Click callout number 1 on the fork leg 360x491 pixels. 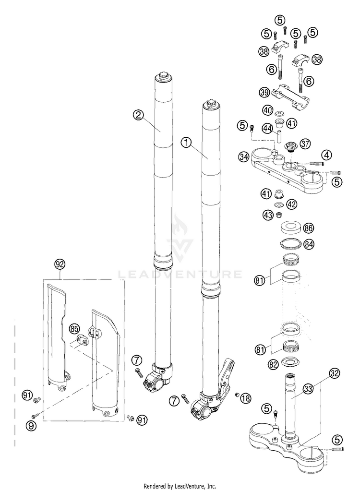(186, 142)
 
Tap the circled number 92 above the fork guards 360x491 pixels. (60, 264)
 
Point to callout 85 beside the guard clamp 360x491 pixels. (74, 329)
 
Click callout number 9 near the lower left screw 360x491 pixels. (31, 424)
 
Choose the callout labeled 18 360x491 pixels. (245, 397)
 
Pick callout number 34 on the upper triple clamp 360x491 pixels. (244, 156)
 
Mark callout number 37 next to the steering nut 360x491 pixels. (306, 144)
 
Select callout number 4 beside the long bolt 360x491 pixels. (326, 155)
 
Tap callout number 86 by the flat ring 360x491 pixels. (309, 228)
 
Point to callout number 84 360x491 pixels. (309, 244)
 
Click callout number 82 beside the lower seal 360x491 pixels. (274, 364)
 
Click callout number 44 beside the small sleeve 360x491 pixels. (268, 128)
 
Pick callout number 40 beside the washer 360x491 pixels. (268, 110)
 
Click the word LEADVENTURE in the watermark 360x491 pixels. (180, 275)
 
